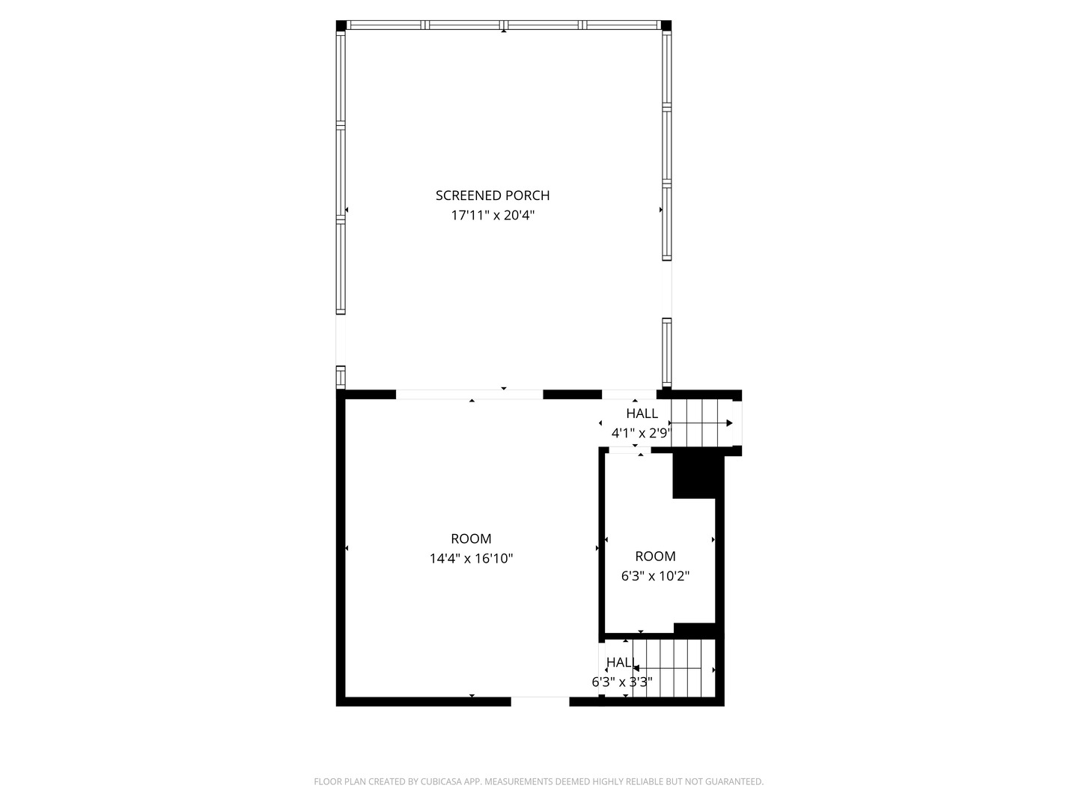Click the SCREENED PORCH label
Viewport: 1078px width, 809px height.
coord(493,196)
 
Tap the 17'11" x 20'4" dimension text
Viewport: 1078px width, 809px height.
coord(493,216)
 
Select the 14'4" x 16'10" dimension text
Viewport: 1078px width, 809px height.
coord(471,559)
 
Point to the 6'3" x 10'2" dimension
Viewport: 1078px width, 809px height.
coord(655,577)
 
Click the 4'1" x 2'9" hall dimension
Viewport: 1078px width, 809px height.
coord(641,433)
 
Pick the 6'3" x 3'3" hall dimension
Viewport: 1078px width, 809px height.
coord(621,682)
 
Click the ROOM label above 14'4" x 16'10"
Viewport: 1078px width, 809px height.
coord(471,539)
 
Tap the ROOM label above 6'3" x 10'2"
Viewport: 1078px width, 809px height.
coord(655,557)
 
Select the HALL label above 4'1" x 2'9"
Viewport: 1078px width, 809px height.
coord(642,413)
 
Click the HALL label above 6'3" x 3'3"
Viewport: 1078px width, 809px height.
coord(621,662)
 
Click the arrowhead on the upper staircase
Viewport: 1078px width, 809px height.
coord(729,423)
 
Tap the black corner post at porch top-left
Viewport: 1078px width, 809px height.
coord(341,25)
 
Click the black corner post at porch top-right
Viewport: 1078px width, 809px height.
coord(666,25)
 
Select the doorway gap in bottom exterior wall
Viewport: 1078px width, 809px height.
coord(540,702)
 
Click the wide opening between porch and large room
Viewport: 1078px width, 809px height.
coord(469,394)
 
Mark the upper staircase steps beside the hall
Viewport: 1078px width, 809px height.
coord(700,423)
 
